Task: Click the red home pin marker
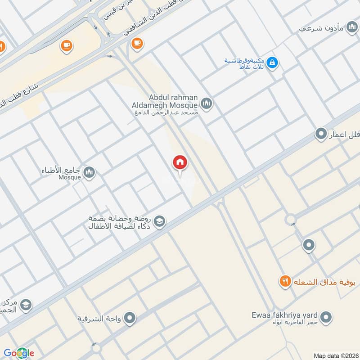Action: [180, 162]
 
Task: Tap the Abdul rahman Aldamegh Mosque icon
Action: [207, 104]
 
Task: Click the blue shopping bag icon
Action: [272, 63]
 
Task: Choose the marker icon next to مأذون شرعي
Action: [351, 28]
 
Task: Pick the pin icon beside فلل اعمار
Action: [321, 134]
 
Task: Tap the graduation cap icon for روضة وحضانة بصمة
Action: [159, 221]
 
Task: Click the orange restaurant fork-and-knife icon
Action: [284, 282]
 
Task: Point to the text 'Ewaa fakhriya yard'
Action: [291, 315]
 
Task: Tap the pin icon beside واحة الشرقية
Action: [130, 319]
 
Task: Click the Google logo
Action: [19, 353]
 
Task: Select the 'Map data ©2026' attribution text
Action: [335, 355]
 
